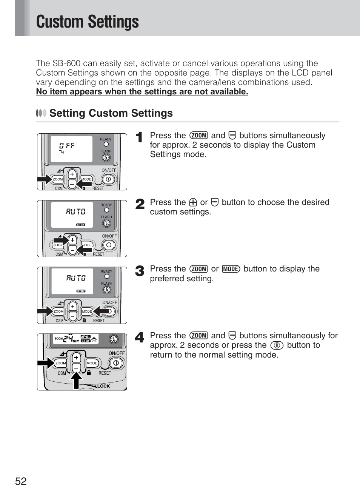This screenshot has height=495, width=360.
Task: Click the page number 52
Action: click(21, 481)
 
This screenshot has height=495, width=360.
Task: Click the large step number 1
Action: click(139, 137)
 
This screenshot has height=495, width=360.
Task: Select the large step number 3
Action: click(140, 271)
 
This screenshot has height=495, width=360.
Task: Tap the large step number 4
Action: click(140, 337)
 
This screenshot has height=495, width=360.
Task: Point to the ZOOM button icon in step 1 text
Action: click(198, 136)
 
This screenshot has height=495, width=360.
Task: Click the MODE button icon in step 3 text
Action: click(231, 269)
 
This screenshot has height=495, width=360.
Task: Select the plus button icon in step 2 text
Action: click(193, 202)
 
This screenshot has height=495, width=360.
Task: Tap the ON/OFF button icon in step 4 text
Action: click(277, 345)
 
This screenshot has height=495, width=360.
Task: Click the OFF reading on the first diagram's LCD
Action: click(67, 146)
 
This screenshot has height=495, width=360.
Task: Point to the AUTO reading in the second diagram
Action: click(75, 211)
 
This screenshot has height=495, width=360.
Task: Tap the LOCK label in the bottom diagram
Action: click(103, 386)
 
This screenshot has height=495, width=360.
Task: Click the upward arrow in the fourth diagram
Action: click(76, 380)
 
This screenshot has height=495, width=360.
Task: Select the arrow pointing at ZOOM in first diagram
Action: click(44, 179)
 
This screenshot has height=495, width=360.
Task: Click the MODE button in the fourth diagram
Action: click(92, 363)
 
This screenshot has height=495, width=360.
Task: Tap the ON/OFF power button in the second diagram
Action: click(109, 245)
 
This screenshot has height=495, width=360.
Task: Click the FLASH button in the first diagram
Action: click(106, 158)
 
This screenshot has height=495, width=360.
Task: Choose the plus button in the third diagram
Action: click(72, 306)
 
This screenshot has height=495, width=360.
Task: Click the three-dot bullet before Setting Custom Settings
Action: click(41, 113)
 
